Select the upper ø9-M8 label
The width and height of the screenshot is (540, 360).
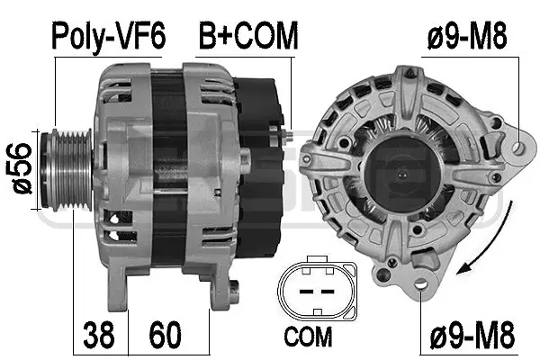468,37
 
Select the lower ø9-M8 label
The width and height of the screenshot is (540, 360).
468,338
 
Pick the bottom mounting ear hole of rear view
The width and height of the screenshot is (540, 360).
427,285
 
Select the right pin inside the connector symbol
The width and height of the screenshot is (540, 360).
326,292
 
